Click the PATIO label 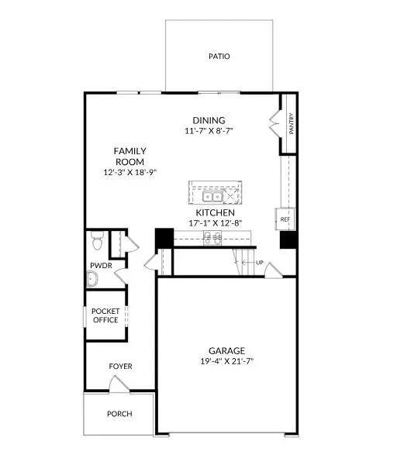pyautogui.click(x=219, y=57)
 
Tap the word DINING pyautogui.click(x=209, y=120)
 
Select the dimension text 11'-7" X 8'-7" pyautogui.click(x=209, y=131)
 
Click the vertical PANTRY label pyautogui.click(x=291, y=124)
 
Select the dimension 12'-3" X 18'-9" pyautogui.click(x=130, y=172)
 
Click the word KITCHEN pyautogui.click(x=215, y=212)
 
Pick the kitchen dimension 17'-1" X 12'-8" pyautogui.click(x=215, y=223)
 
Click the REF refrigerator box pyautogui.click(x=285, y=220)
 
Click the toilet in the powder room pyautogui.click(x=96, y=243)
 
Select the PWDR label pyautogui.click(x=101, y=265)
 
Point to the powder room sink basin pyautogui.click(x=91, y=280)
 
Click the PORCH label pyautogui.click(x=119, y=414)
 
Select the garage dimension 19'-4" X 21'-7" pyautogui.click(x=227, y=360)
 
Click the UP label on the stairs pyautogui.click(x=260, y=263)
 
